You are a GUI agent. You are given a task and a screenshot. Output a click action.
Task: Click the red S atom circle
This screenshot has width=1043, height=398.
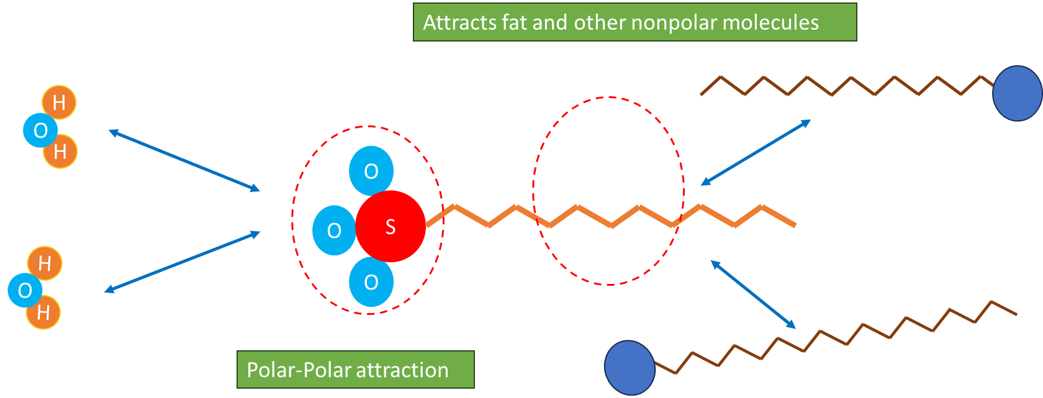[x=391, y=226]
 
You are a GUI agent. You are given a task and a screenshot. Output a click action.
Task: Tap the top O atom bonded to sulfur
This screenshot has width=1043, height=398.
[x=371, y=171]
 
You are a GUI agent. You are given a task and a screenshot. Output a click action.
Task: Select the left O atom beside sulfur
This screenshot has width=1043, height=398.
[x=333, y=231]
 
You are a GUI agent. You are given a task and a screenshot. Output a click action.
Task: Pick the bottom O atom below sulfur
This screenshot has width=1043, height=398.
[x=371, y=283]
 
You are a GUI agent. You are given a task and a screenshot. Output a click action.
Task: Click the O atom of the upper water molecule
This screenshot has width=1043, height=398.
[x=40, y=131]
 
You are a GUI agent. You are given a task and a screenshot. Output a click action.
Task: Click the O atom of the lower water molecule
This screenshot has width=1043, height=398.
[x=25, y=290]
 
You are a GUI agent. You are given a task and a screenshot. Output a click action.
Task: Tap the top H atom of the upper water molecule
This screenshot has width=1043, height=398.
[x=59, y=102]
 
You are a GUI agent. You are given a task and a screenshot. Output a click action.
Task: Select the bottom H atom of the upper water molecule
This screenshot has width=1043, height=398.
[x=60, y=151]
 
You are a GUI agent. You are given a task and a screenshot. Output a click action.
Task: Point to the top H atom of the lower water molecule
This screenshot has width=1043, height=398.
[x=45, y=263]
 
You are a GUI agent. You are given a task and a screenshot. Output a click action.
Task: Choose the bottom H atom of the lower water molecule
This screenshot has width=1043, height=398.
[x=43, y=312]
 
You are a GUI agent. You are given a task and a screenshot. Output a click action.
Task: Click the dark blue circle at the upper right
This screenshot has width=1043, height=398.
[x=1017, y=93]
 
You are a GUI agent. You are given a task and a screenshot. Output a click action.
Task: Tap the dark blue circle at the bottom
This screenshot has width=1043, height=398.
[x=630, y=368]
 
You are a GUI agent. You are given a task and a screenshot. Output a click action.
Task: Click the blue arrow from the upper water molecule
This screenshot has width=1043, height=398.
[x=184, y=160]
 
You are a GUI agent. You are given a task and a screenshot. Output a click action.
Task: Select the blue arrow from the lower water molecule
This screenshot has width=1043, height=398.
[x=182, y=262]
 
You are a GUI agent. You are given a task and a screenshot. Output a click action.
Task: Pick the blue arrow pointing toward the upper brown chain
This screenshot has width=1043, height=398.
[x=756, y=153]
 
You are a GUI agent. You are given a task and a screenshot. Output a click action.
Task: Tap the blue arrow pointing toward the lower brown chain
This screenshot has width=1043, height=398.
[x=752, y=294]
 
